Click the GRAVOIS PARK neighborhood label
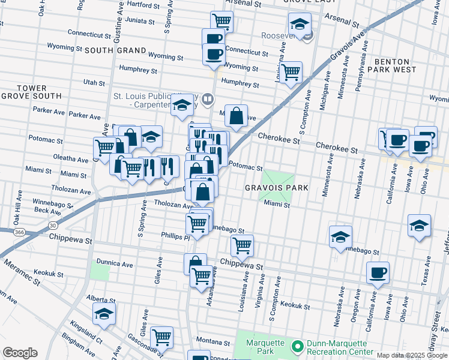point(276,188)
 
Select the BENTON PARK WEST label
point(399,65)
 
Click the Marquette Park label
point(261,347)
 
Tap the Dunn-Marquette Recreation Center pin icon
point(297,347)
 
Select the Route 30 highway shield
point(53,225)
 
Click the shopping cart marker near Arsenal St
point(222,21)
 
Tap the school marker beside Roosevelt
point(300,25)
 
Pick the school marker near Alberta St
point(104,313)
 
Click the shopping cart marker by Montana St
point(161,337)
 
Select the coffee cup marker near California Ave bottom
point(378,272)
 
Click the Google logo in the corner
point(20,352)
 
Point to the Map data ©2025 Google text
point(411,355)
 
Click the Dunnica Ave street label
point(114,263)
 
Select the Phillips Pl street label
point(175,236)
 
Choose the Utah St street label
point(94,82)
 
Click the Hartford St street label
point(138,4)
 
